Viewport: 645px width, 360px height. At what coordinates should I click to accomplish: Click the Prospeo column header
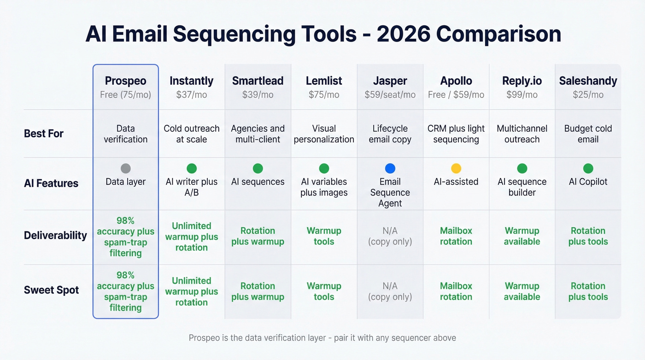tap(125, 81)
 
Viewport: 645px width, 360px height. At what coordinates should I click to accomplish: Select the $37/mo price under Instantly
tap(191, 95)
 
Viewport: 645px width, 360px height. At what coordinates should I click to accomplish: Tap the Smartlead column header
tap(258, 81)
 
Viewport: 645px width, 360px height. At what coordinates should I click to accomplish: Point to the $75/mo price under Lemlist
tap(324, 95)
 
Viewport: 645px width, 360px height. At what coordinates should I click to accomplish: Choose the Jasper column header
tap(390, 81)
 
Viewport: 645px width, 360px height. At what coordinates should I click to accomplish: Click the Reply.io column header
tap(522, 81)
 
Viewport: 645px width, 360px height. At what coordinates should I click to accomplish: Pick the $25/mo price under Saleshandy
tap(588, 95)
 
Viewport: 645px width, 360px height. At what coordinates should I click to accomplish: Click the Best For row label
tap(44, 134)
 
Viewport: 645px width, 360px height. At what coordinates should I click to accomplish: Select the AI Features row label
tap(51, 183)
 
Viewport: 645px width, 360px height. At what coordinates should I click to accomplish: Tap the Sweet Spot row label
tap(52, 290)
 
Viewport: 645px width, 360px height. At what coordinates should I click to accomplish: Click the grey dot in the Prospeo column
tap(125, 169)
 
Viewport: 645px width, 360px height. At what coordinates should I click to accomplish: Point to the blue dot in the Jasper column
tap(390, 169)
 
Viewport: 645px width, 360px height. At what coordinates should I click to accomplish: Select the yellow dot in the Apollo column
tap(456, 169)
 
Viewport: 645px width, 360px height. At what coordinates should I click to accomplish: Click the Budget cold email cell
tap(588, 134)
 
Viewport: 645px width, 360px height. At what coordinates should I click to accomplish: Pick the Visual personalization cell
tap(324, 134)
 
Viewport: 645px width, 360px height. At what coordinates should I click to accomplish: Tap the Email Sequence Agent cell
tap(390, 193)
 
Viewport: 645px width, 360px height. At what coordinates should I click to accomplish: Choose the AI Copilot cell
tap(588, 182)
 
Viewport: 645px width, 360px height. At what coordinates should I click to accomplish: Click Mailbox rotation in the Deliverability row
tap(456, 236)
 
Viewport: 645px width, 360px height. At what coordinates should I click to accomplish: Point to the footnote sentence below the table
tap(322, 338)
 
